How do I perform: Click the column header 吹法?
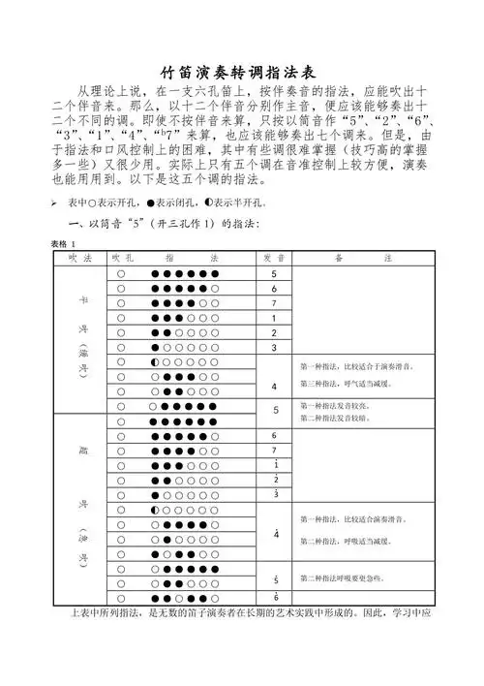(x=80, y=259)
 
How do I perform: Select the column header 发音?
(x=274, y=259)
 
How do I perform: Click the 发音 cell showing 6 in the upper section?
(x=274, y=289)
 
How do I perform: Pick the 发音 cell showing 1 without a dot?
(x=274, y=318)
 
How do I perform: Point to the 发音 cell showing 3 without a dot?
(x=274, y=347)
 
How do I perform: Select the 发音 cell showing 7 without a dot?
(x=274, y=303)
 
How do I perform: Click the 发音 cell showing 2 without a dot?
(x=274, y=332)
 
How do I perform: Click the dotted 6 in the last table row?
(x=274, y=595)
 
